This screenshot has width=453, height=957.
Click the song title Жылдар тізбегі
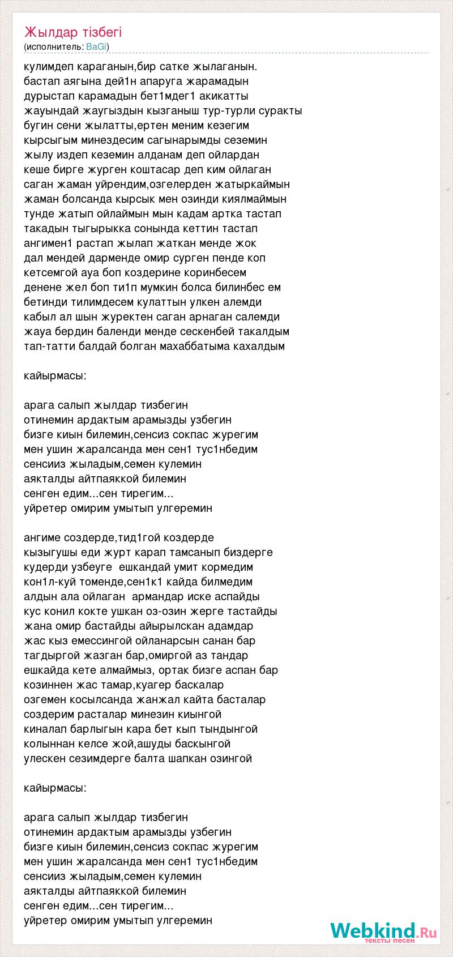click(x=73, y=32)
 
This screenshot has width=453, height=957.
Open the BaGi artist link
click(x=96, y=46)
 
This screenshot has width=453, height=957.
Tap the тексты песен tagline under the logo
click(x=390, y=941)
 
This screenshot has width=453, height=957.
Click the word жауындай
click(x=49, y=111)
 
